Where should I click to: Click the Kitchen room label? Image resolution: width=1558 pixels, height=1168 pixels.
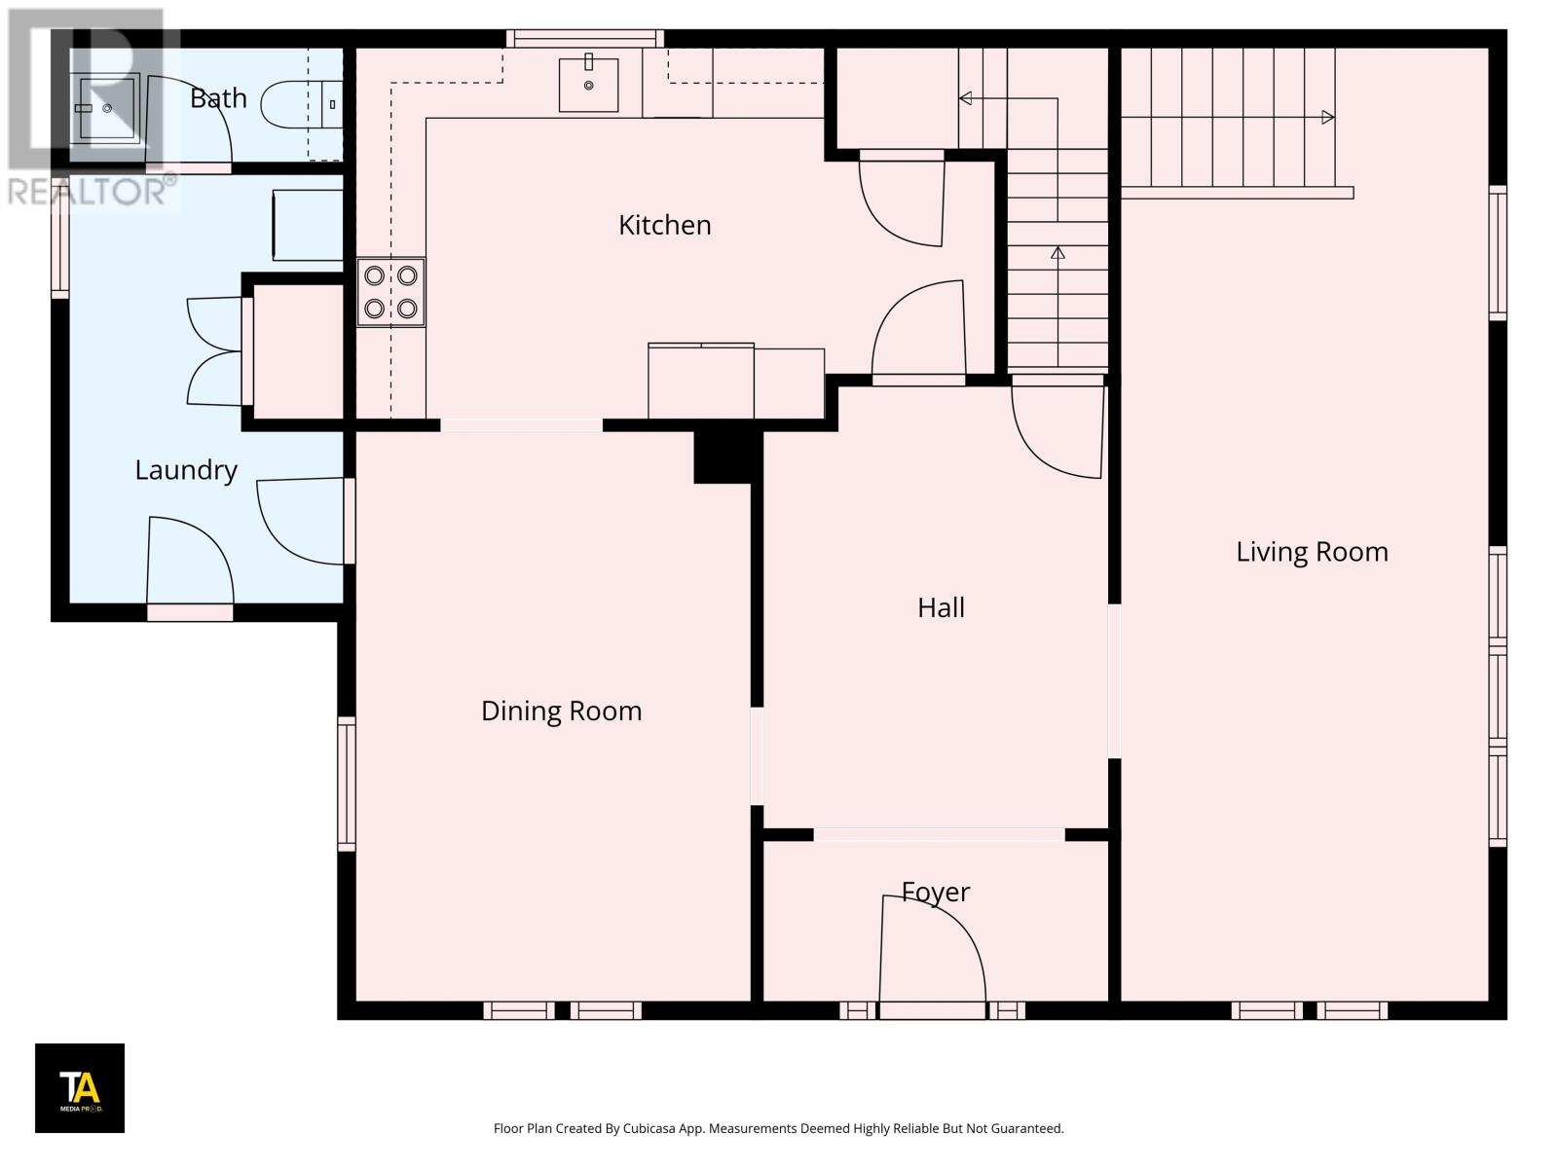[x=664, y=225]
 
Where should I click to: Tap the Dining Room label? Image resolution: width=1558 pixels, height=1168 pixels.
[x=561, y=711]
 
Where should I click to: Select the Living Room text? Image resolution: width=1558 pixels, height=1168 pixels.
[x=1312, y=552]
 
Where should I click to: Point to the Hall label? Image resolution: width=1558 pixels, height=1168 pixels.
[x=941, y=607]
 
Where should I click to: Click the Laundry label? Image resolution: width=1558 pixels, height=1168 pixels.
[x=186, y=470]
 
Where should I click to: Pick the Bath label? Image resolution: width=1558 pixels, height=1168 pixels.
[x=218, y=98]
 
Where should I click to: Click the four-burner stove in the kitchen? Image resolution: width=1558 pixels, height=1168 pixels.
[x=390, y=292]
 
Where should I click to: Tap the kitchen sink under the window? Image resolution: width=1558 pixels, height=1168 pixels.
[x=588, y=85]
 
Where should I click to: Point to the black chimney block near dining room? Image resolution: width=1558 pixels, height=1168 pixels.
[x=723, y=456]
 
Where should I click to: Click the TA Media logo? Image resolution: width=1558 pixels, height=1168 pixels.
[x=80, y=1087]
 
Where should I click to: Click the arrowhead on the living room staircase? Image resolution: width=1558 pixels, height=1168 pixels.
[x=1327, y=118]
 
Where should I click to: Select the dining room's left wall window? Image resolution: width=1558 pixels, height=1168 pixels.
[x=347, y=784]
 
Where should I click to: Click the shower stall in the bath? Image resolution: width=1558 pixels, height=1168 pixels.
[x=107, y=107]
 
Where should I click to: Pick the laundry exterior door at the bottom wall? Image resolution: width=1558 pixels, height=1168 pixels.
[x=190, y=612]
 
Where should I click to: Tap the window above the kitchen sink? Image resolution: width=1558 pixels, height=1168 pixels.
[x=584, y=38]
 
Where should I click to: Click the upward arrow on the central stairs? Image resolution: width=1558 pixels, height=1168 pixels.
[x=1057, y=253]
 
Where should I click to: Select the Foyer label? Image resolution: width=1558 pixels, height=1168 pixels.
[x=936, y=892]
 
